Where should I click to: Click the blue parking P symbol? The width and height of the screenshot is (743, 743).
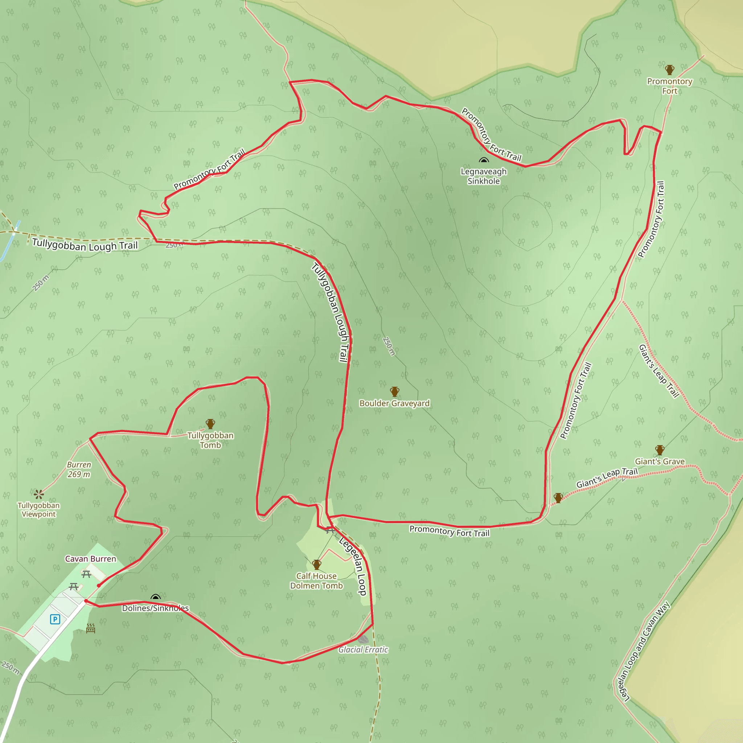point(55,619)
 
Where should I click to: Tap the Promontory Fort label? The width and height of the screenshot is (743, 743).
point(670,86)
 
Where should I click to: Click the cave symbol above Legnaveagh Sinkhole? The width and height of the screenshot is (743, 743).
point(483,160)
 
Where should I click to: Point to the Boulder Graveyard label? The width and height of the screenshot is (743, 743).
point(394,403)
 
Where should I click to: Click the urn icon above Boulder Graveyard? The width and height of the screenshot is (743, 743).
point(395,391)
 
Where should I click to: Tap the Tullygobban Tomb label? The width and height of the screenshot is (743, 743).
point(210,440)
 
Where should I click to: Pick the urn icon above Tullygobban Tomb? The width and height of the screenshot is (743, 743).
point(210,424)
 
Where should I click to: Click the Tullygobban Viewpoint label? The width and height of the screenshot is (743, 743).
point(38,510)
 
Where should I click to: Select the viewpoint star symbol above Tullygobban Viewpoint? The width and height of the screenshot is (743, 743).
point(38,494)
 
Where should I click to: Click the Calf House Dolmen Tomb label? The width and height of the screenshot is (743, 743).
point(316,581)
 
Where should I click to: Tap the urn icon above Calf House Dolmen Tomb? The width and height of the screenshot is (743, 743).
point(316,565)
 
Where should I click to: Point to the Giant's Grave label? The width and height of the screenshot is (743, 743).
point(660,461)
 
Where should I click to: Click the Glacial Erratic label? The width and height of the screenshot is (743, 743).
point(363,649)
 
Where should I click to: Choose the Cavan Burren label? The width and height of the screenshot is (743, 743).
point(90,559)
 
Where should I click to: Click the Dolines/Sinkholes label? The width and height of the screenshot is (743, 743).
point(155,608)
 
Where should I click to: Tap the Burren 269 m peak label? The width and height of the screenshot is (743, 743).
point(79,469)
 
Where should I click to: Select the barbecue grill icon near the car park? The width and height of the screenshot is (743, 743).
point(90,628)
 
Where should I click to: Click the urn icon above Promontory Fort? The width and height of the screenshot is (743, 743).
point(670,70)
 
